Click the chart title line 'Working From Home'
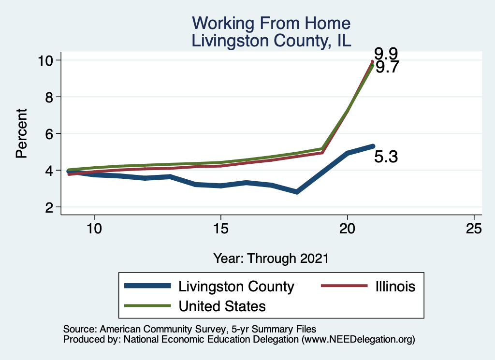[x=271, y=23]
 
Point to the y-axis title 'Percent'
[x=21, y=133]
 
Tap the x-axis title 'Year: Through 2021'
[x=271, y=258]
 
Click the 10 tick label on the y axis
[x=47, y=60]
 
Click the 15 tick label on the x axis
[x=220, y=228]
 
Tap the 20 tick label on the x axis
[x=348, y=228]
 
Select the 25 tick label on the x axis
[x=474, y=228]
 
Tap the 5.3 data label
[x=386, y=157]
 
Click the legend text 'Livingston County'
[x=236, y=287]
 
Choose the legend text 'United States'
[x=222, y=306]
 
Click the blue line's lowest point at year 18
[x=297, y=192]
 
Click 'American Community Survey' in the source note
[x=152, y=329]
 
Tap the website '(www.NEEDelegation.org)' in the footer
[x=358, y=339]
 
